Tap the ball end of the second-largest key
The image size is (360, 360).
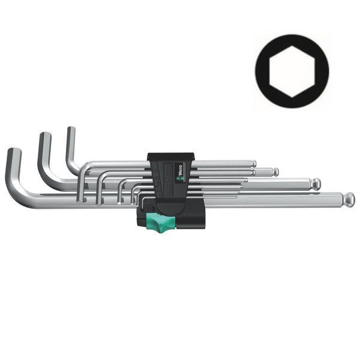pos(315,182)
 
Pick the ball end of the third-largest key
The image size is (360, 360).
pos(275,172)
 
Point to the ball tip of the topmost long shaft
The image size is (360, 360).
pos(254,163)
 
